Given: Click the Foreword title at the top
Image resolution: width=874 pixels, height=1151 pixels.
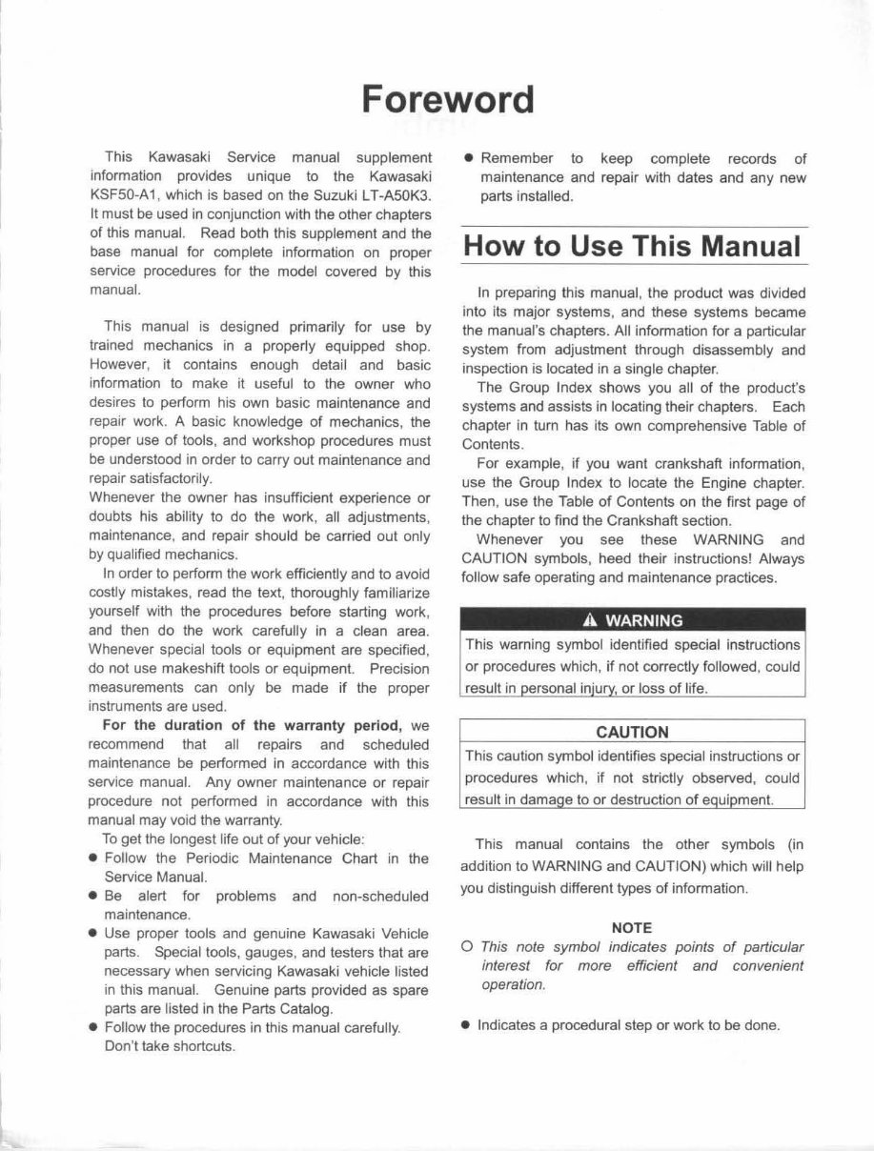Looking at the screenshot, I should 447,100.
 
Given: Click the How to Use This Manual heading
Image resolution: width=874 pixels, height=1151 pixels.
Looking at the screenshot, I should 631,246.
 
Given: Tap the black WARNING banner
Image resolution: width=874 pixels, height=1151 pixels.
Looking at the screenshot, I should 632,620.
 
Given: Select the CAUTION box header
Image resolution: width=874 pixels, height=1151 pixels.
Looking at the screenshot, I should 632,732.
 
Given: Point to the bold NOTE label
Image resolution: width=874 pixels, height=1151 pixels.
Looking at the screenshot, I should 631,926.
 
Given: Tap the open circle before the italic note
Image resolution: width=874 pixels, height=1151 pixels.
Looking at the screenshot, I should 467,947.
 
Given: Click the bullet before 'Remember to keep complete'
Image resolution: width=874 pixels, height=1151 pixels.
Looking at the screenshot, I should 468,159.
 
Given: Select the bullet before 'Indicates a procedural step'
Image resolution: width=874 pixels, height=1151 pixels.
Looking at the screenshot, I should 467,1025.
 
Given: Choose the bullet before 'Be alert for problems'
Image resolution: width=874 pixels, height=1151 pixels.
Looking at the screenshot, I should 92,897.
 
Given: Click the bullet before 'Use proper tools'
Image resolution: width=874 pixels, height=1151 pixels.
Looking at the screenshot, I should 92,934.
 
